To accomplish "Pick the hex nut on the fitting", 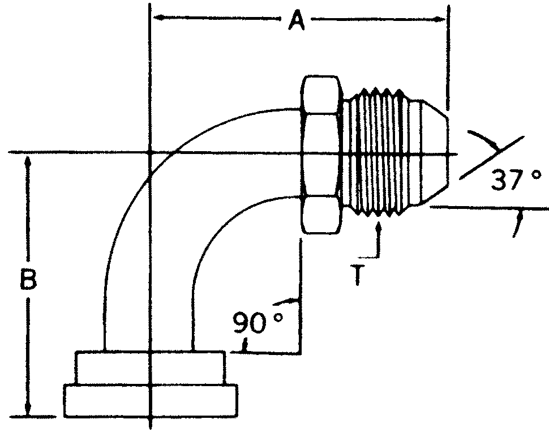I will [321, 154].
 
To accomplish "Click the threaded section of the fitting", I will [376, 154].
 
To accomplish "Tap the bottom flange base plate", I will [150, 401].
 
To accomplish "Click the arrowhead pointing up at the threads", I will [378, 227].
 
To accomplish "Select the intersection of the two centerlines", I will [149, 153].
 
